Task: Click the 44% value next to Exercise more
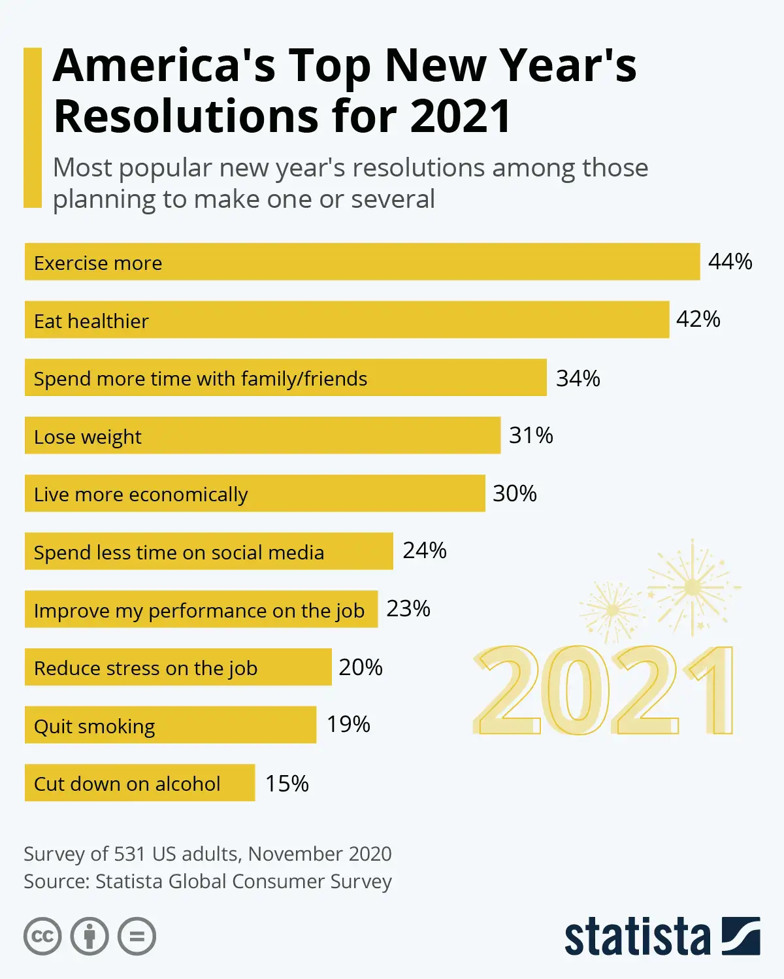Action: (730, 262)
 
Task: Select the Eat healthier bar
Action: (346, 320)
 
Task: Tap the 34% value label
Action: (578, 378)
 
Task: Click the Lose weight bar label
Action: (88, 437)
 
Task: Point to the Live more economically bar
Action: (255, 494)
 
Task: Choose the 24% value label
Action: (425, 551)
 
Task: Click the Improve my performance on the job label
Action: (199, 610)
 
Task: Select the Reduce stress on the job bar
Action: (178, 667)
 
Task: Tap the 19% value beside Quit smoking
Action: (348, 724)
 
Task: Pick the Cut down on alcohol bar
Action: (139, 783)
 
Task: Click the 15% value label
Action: (287, 783)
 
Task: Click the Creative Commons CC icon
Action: (42, 937)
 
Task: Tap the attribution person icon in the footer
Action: (90, 937)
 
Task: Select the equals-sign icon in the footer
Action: (137, 937)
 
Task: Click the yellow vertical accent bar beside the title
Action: (32, 127)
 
